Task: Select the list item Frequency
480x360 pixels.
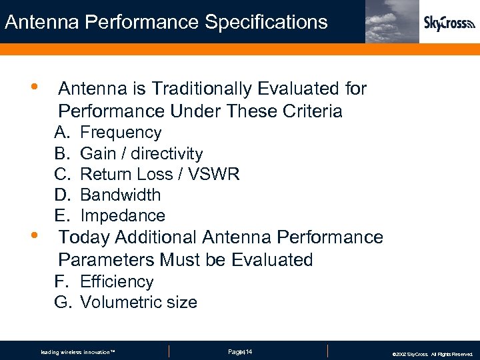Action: (x=121, y=133)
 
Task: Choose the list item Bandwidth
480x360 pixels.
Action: (x=121, y=195)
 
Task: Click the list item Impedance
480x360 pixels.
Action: (x=123, y=215)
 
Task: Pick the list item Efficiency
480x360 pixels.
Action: (x=117, y=281)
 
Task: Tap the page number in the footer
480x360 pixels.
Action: (x=239, y=351)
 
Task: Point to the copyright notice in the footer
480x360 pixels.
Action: (x=433, y=354)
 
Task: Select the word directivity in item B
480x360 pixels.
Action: (x=167, y=153)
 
